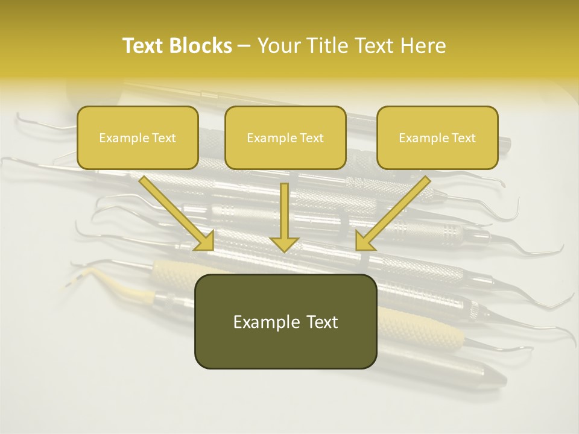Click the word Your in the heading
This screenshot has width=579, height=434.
click(x=279, y=46)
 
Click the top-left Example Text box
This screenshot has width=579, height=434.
click(x=138, y=137)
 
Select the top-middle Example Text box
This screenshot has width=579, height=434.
click(x=285, y=137)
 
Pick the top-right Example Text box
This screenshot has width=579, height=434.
click(x=437, y=137)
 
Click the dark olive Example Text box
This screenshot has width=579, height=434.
click(x=285, y=321)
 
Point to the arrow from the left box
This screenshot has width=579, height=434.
click(x=175, y=211)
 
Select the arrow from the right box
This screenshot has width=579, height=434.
click(x=395, y=211)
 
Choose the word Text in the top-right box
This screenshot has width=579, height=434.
click(x=463, y=138)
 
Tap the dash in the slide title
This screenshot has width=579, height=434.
click(x=244, y=46)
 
